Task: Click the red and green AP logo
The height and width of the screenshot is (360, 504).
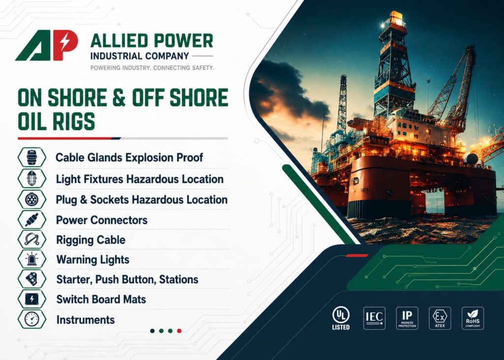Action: pyautogui.click(x=47, y=45)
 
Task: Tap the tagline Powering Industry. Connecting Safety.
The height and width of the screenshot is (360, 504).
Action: pyautogui.click(x=152, y=68)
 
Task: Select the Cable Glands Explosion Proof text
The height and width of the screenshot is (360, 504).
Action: pyautogui.click(x=129, y=158)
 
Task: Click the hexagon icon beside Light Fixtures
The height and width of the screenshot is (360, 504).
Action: pyautogui.click(x=32, y=178)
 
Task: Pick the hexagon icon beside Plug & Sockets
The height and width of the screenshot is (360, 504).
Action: pyautogui.click(x=32, y=199)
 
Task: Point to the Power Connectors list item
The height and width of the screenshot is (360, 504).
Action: pyautogui.click(x=101, y=220)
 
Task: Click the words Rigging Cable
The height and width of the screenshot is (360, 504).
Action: pyautogui.click(x=91, y=240)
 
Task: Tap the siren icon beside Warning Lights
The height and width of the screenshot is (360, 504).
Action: pyautogui.click(x=32, y=259)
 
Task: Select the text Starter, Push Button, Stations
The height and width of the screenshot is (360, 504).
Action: pyautogui.click(x=127, y=280)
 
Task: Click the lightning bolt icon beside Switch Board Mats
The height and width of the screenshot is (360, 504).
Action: pyautogui.click(x=32, y=299)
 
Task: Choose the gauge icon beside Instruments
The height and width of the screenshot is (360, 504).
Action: pyautogui.click(x=32, y=319)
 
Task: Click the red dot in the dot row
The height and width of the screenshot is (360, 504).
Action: pyautogui.click(x=179, y=331)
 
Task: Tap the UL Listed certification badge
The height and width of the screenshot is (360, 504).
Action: pyautogui.click(x=341, y=318)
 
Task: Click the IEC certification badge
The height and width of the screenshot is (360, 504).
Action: pyautogui.click(x=374, y=318)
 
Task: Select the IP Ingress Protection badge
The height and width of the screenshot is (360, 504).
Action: pyautogui.click(x=407, y=318)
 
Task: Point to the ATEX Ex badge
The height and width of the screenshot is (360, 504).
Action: pyautogui.click(x=440, y=318)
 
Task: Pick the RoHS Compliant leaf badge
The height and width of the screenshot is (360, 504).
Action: pyautogui.click(x=473, y=318)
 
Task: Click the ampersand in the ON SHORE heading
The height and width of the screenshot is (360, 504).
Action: pyautogui.click(x=119, y=98)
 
